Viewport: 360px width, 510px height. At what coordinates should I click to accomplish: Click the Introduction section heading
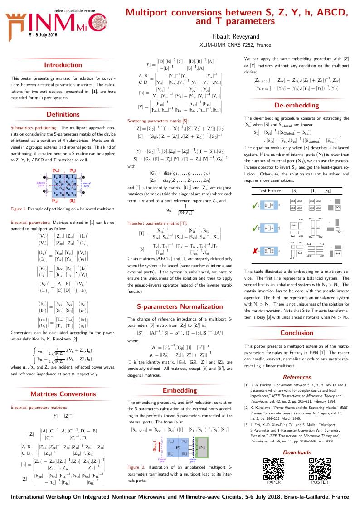coord(63,65)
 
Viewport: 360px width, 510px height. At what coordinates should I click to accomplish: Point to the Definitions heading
coord(63,114)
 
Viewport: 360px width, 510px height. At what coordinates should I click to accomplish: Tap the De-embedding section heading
coord(297,105)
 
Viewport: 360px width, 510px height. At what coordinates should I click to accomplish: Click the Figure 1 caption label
coord(21,209)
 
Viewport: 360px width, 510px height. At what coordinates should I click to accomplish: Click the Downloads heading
coord(297,452)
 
